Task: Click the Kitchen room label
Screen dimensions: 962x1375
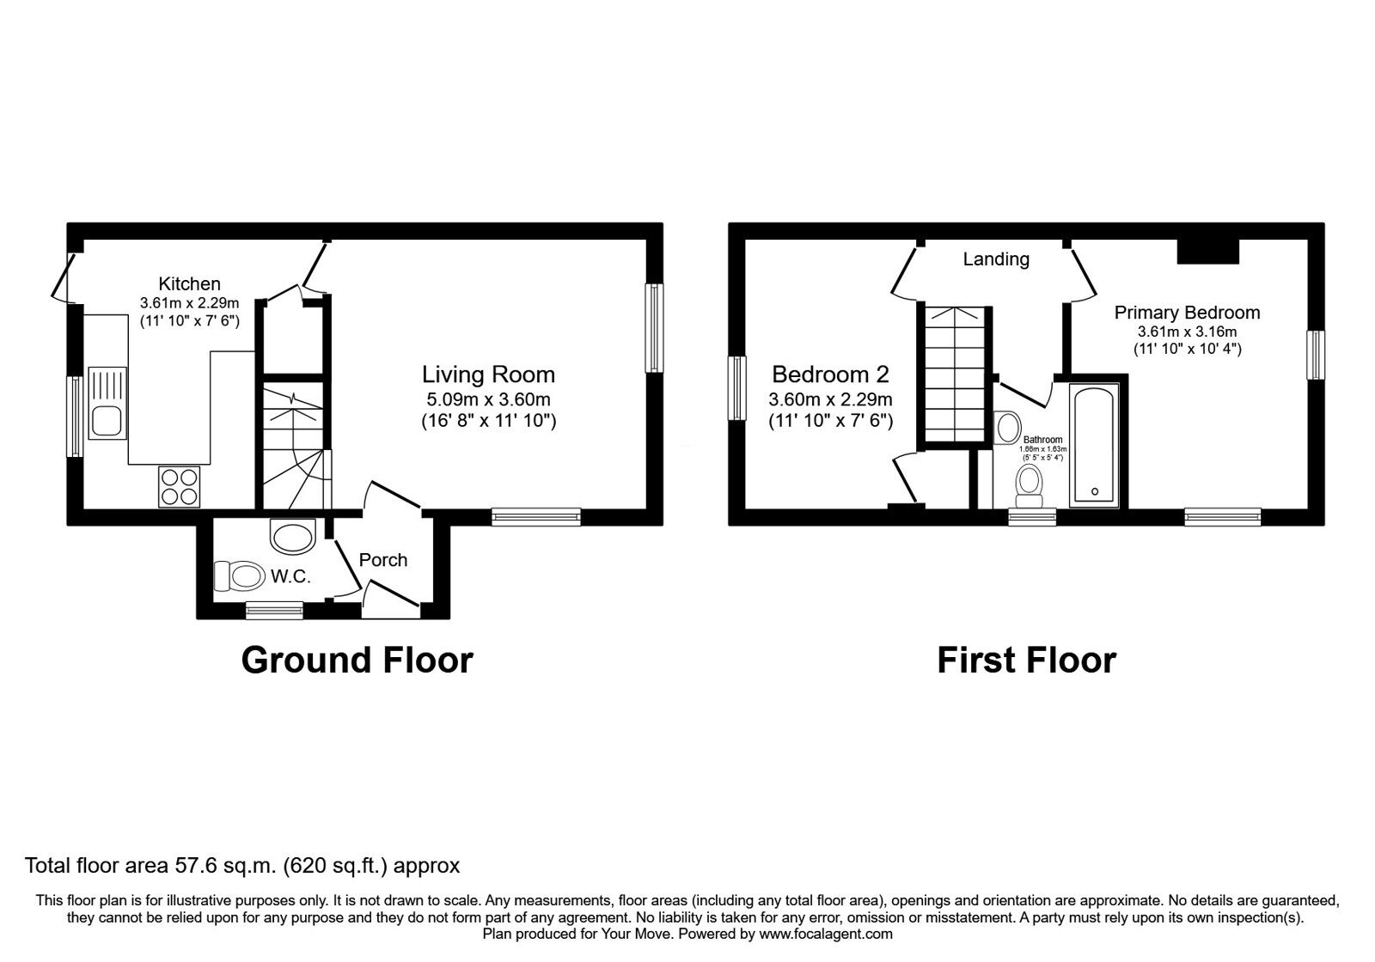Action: point(189,283)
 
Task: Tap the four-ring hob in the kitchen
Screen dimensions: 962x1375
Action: point(179,485)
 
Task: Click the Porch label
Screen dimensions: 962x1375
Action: point(382,560)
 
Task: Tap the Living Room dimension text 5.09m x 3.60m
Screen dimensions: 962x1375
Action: point(488,399)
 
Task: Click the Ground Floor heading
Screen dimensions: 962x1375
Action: point(357,660)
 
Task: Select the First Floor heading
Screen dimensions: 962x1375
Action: point(1026,660)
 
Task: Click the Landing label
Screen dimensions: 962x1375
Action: point(995,259)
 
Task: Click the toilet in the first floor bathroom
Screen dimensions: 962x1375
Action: point(1029,485)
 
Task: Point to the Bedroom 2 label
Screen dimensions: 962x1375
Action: point(830,374)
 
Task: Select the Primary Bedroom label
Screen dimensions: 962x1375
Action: point(1187,313)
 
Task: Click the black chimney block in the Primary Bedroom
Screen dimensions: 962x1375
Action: point(1207,251)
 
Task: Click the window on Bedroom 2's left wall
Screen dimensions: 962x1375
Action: point(736,388)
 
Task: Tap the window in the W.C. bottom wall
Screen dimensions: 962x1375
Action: point(273,610)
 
